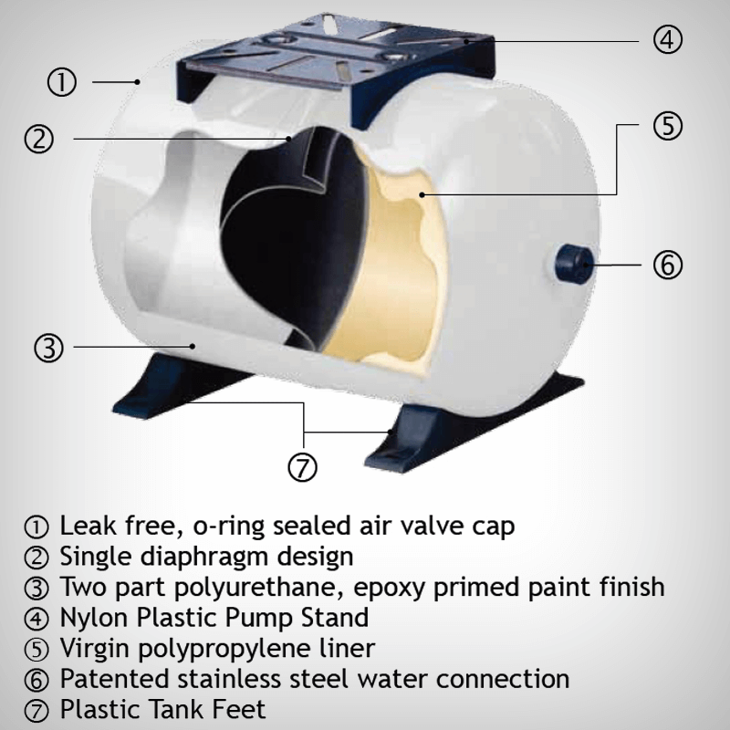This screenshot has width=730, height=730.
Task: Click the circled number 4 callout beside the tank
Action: (x=668, y=39)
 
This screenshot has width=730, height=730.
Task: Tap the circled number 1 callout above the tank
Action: (x=62, y=82)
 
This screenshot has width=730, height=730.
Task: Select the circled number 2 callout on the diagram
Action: (x=39, y=139)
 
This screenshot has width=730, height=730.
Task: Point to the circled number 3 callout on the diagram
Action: (x=49, y=348)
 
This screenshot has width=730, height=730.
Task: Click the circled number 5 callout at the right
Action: (x=668, y=125)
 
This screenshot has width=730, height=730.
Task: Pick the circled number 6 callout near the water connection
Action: (x=668, y=265)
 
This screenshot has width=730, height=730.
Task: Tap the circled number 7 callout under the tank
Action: (x=303, y=467)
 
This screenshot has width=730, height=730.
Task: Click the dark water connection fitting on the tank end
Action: (x=574, y=265)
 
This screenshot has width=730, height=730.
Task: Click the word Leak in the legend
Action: (x=89, y=526)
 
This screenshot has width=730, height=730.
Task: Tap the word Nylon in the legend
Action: (x=95, y=619)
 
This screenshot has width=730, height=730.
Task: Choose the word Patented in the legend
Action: (x=115, y=679)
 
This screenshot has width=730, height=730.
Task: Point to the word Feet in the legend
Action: (x=238, y=710)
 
